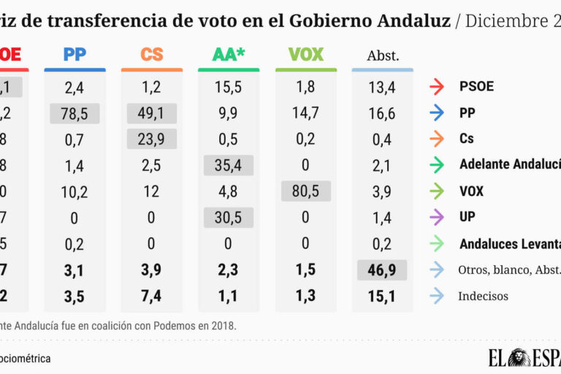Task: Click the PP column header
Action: pos(75,54)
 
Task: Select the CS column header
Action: pos(152,54)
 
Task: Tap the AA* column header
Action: pos(229,54)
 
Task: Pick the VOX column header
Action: pos(306,54)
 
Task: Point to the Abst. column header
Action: pos(383,56)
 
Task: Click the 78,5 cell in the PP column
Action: pos(75,113)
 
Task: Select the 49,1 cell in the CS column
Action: pos(152,113)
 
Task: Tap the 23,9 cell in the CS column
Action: pos(152,139)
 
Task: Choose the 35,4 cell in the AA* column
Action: pos(229,165)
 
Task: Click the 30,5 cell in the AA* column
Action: pos(229,218)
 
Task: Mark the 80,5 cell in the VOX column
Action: pos(306,191)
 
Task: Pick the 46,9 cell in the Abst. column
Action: pos(383,270)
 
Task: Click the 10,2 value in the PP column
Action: pos(75,191)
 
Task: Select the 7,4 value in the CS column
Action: pos(152,296)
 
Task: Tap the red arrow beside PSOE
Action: pos(438,87)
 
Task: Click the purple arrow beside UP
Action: pos(438,218)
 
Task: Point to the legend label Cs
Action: pos(467,139)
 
